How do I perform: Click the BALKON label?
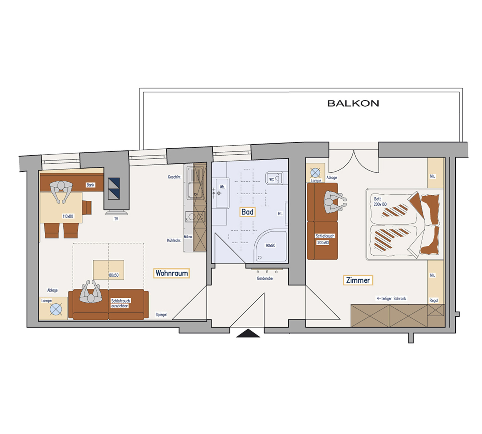click(353, 103)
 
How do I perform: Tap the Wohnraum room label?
click(171, 273)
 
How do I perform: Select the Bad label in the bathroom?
click(247, 212)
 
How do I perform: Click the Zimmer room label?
click(358, 280)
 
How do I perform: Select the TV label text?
click(116, 219)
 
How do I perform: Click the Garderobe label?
click(265, 278)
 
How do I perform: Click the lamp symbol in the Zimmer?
click(315, 173)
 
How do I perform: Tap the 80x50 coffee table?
click(108, 270)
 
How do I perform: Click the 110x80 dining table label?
click(68, 216)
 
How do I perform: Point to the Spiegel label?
click(161, 314)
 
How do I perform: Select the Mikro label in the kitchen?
click(188, 237)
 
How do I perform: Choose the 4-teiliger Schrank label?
click(391, 299)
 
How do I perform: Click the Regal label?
click(434, 300)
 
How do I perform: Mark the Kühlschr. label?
click(174, 240)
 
